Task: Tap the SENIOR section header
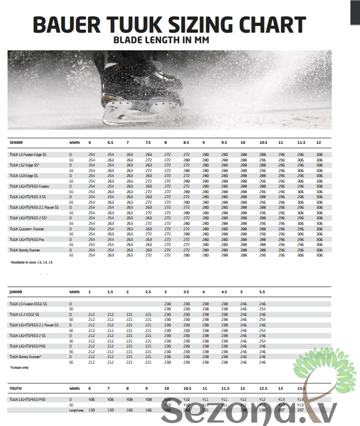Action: [x=16, y=142]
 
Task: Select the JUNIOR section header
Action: [x=16, y=292]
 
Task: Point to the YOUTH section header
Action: [x=16, y=389]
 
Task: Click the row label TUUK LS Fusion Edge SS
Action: [x=28, y=154]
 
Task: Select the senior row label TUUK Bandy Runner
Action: [x=25, y=250]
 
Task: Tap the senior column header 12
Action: [x=319, y=142]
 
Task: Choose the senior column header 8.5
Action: [x=186, y=142]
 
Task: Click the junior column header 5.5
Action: [x=262, y=292]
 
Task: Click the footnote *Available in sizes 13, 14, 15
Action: [x=31, y=263]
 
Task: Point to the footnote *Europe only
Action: [x=19, y=368]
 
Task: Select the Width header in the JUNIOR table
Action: [x=75, y=292]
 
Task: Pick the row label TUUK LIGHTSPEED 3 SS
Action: [x=28, y=197]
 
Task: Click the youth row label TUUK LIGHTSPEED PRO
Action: [x=28, y=399]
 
